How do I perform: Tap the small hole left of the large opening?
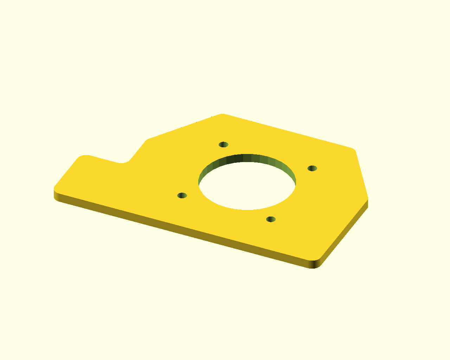182,195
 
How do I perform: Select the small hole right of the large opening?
312,168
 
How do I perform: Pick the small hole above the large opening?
224,144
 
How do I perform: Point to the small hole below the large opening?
271,219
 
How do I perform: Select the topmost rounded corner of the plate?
222,115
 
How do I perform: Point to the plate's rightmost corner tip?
367,199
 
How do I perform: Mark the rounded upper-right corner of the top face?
353,150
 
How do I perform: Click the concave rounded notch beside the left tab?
123,162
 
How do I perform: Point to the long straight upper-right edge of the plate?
288,131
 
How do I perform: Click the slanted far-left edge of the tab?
66,172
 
